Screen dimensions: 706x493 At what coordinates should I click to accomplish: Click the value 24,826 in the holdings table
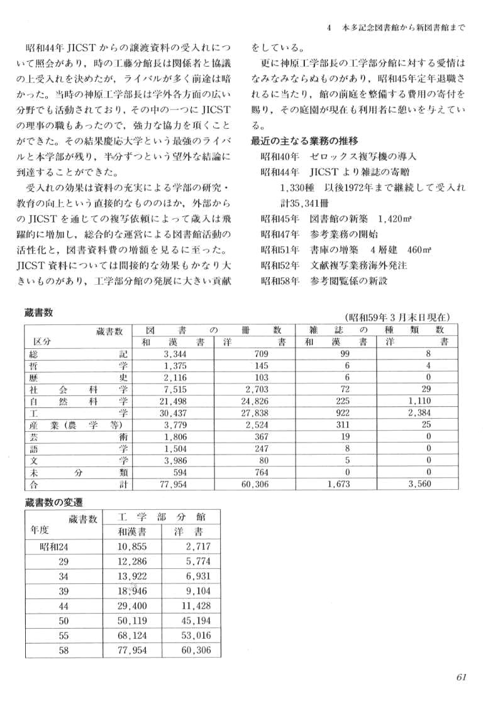(x=255, y=401)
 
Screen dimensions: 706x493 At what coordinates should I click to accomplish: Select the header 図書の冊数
(x=214, y=329)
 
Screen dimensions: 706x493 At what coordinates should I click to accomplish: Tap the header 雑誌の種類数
(x=376, y=329)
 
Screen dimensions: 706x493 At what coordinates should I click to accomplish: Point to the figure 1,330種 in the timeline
(x=299, y=187)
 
